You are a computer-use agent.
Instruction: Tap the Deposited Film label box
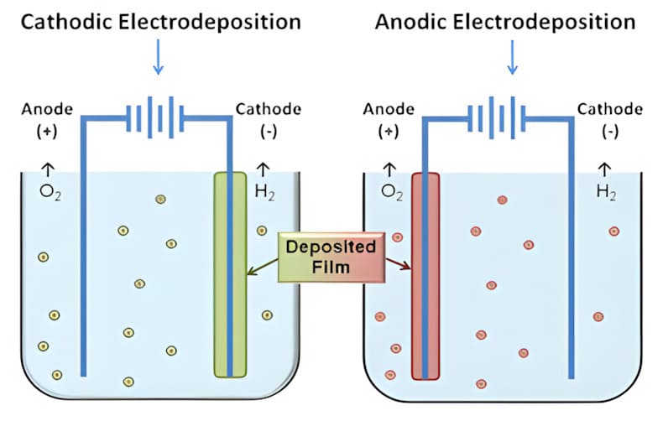click(x=331, y=257)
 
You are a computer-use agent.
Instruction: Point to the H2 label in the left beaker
click(x=264, y=192)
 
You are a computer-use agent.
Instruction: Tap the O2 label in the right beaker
click(x=392, y=192)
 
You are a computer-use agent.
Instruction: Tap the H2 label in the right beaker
click(x=605, y=192)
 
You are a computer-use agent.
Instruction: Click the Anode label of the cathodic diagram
click(x=50, y=110)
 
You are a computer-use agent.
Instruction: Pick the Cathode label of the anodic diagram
click(x=609, y=110)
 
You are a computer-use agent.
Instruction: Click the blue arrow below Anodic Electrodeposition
click(x=511, y=58)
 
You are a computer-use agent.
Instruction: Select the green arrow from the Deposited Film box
click(x=264, y=267)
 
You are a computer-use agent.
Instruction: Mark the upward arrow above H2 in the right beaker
click(x=603, y=169)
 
